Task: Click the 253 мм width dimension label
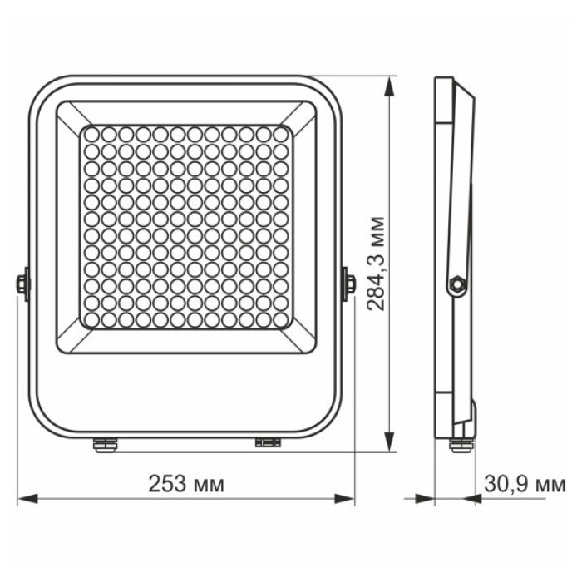click(x=186, y=484)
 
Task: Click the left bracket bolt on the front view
click(x=22, y=284)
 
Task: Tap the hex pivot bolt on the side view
click(x=455, y=284)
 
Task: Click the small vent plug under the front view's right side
click(x=267, y=441)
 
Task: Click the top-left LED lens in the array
click(x=90, y=134)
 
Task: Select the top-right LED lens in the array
click(x=280, y=134)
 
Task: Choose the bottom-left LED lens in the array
click(x=90, y=319)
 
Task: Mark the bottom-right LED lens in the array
click(x=280, y=319)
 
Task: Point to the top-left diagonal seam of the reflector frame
click(x=70, y=114)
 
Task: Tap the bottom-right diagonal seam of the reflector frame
click(x=300, y=338)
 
